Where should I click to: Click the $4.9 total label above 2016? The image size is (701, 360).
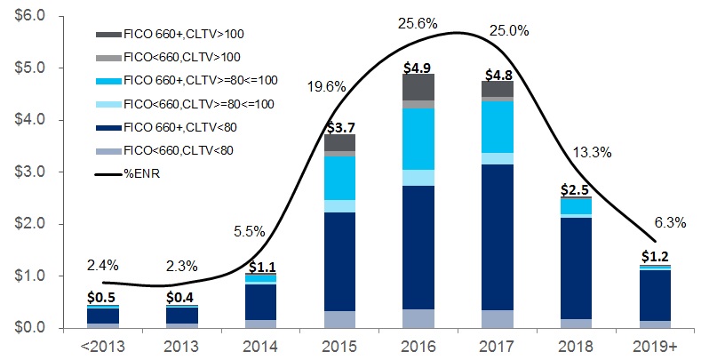(x=418, y=66)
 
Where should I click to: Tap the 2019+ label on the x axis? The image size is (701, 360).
(x=658, y=345)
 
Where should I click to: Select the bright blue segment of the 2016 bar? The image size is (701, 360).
(x=418, y=139)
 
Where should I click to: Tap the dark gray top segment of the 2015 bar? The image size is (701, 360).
(x=339, y=142)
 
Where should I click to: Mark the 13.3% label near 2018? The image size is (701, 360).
(x=592, y=152)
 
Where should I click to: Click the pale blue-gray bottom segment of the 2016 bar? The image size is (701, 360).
(x=418, y=318)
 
